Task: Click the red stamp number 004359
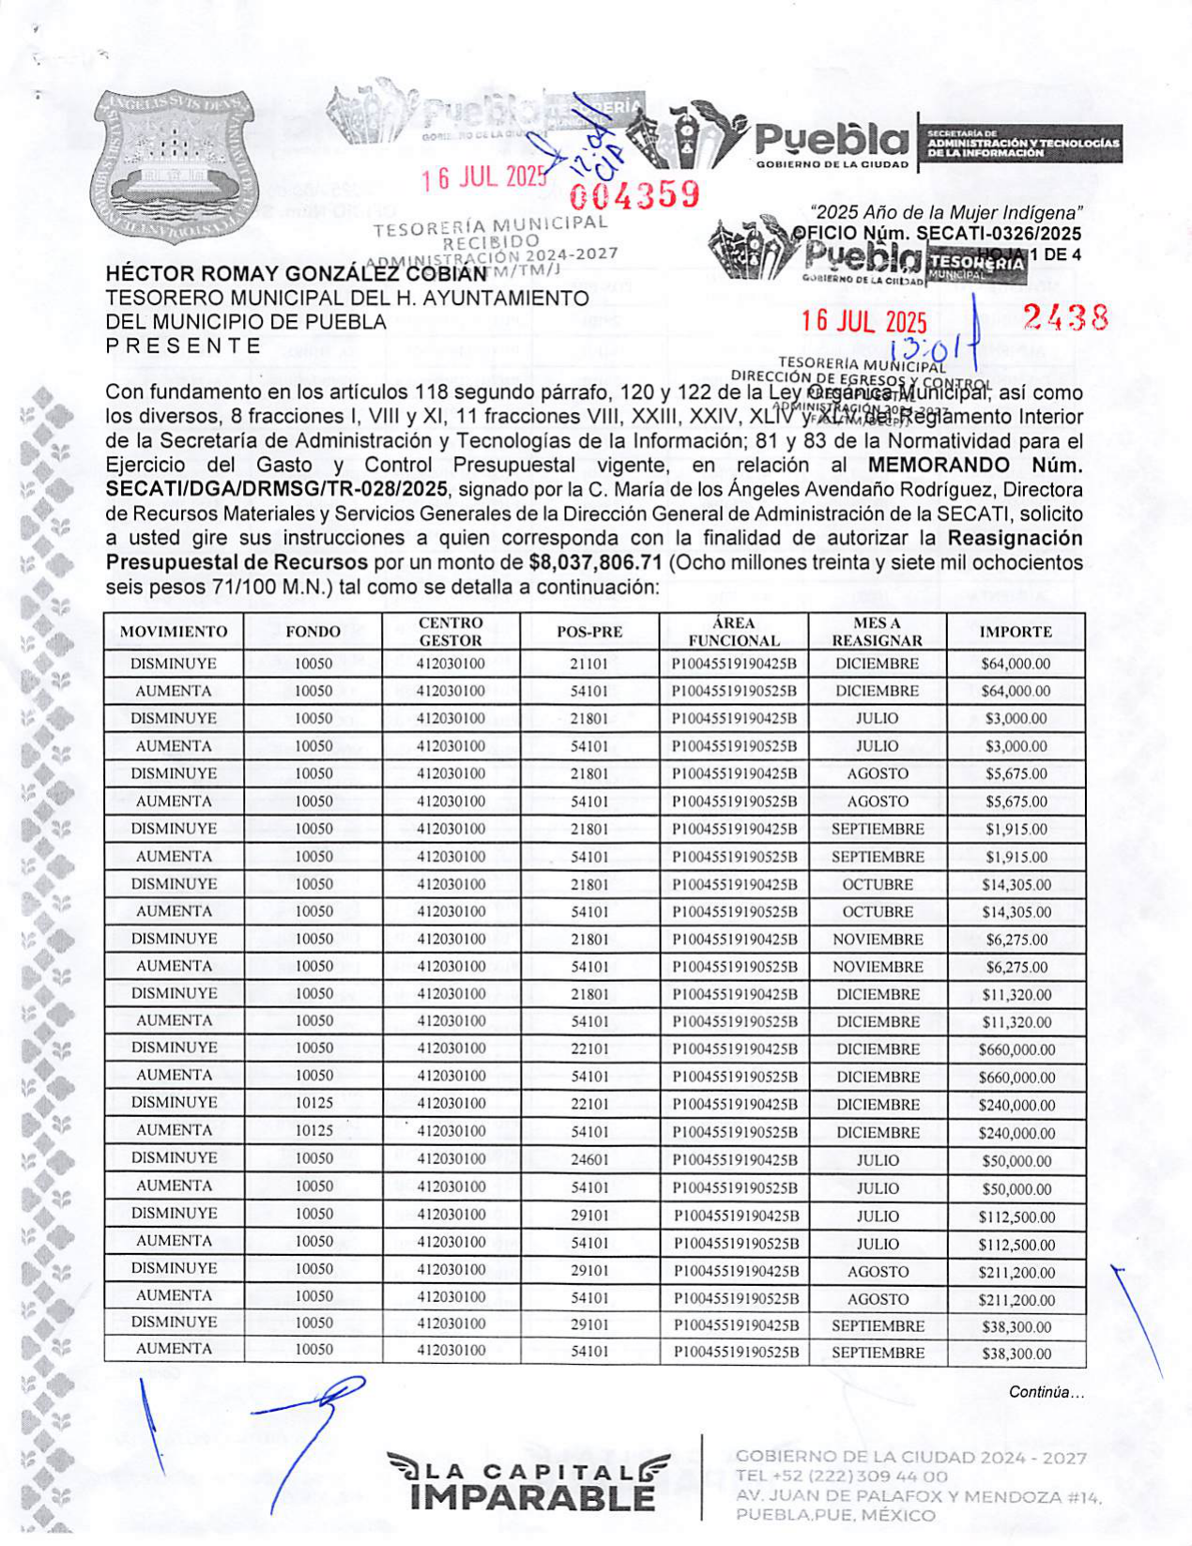click(635, 195)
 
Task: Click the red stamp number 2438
click(1065, 317)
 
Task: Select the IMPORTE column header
click(1016, 632)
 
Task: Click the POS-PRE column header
click(589, 632)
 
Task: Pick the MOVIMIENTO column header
click(174, 632)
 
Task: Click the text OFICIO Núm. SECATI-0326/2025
click(937, 234)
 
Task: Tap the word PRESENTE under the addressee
click(184, 345)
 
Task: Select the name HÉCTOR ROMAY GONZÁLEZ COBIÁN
click(296, 274)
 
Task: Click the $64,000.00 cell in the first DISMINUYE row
click(1016, 664)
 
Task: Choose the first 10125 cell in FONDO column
click(313, 1103)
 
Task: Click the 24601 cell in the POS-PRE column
click(589, 1159)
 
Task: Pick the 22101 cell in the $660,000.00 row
click(589, 1049)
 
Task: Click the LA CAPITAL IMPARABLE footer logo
click(530, 1482)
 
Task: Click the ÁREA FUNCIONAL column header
click(733, 632)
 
